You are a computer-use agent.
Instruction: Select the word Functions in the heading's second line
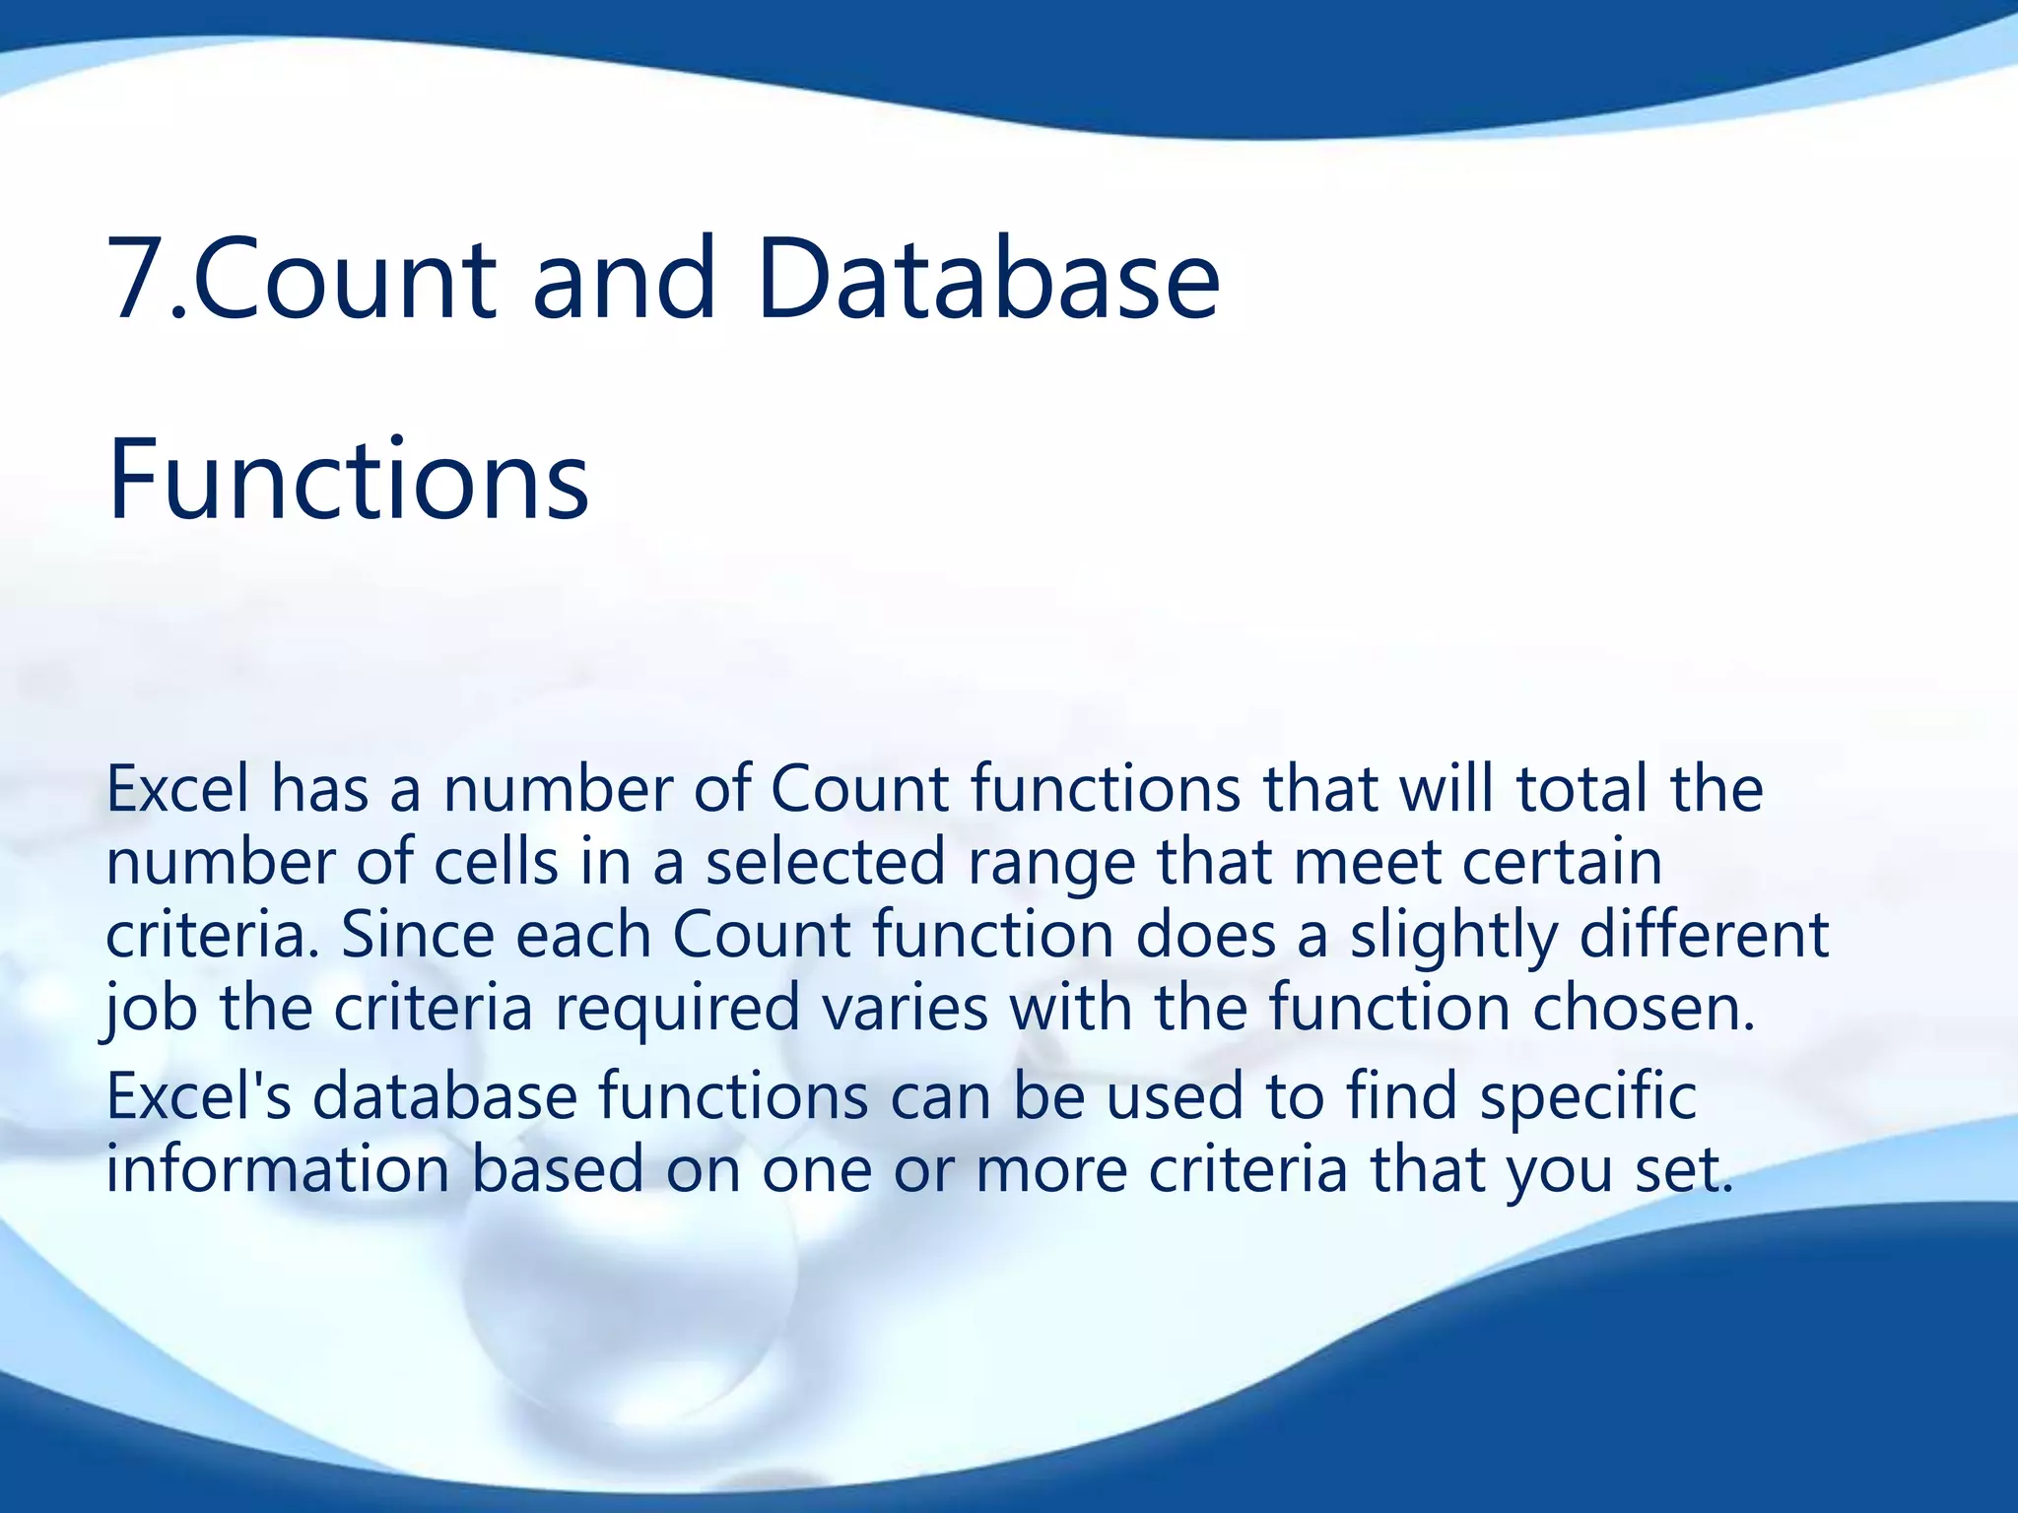tap(348, 480)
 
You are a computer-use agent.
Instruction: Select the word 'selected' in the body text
tap(826, 862)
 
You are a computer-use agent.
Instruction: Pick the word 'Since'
tap(417, 935)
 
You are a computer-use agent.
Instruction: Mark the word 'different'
tap(1704, 935)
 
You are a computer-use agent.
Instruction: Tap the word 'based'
tap(557, 1169)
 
